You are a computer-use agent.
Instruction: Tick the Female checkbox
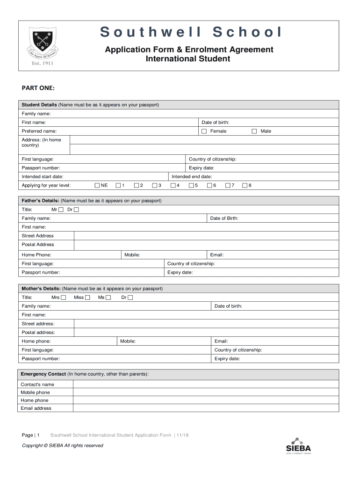[204, 131]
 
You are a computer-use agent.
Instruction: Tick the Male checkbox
[254, 131]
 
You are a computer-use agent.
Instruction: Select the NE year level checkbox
[97, 186]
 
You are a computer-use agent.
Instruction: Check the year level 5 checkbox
[191, 186]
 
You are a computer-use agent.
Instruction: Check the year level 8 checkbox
[245, 186]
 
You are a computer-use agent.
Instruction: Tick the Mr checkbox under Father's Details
[61, 210]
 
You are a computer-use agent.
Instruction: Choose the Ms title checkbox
[108, 298]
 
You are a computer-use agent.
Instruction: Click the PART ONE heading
[38, 87]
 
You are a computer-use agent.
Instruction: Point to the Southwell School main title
[191, 32]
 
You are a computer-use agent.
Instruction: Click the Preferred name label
[39, 131]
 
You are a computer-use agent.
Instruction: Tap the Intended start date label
[43, 177]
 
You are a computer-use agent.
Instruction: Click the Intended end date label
[192, 177]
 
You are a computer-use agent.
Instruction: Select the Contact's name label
[37, 385]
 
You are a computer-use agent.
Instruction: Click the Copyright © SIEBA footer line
[63, 446]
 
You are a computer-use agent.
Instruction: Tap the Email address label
[36, 408]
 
